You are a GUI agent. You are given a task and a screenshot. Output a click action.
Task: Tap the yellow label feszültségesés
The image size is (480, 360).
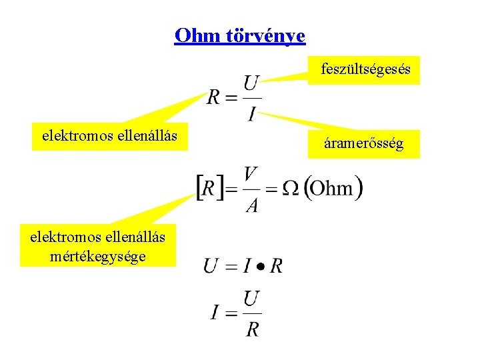click(x=365, y=69)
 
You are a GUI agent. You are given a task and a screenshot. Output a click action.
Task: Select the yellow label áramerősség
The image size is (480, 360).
click(x=363, y=143)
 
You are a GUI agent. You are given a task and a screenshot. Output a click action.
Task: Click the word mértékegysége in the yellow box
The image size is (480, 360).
click(x=97, y=255)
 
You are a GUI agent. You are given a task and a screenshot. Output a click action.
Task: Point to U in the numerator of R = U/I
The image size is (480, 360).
click(x=251, y=85)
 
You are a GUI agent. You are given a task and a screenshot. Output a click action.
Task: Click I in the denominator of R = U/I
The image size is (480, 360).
click(x=251, y=113)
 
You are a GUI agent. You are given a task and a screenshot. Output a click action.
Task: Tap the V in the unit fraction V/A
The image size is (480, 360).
click(x=251, y=175)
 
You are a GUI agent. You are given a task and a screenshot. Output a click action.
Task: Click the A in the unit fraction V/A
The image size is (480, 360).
click(x=251, y=204)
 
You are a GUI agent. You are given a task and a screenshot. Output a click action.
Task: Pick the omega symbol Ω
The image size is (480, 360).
click(x=291, y=189)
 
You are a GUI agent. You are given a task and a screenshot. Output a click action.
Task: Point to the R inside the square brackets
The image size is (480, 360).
click(x=209, y=189)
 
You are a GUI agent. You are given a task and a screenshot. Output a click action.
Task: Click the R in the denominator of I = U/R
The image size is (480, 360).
click(x=252, y=329)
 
